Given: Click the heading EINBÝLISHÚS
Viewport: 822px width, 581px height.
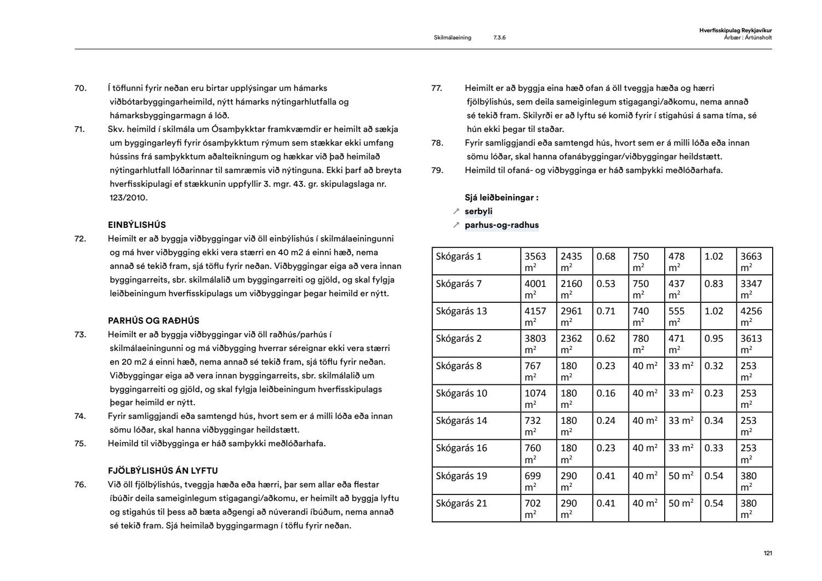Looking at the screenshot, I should (136, 225).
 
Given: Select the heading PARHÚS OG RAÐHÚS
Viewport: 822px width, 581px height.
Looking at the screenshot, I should (153, 320).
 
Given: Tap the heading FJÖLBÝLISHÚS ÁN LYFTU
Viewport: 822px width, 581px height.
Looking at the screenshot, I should (163, 470).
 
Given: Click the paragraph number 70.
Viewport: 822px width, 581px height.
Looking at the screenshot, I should (81, 88).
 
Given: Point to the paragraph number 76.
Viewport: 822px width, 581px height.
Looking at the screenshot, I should (81, 484).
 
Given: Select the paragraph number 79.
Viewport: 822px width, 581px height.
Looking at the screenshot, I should (437, 170).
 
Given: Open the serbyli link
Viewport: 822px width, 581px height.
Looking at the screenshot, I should (478, 211).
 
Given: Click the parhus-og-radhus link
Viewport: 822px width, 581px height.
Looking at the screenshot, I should (501, 225).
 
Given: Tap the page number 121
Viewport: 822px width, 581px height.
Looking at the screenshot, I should (767, 554).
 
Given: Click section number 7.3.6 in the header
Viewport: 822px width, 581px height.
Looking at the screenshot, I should (499, 38).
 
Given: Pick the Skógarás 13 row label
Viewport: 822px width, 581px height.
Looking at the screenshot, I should (461, 311).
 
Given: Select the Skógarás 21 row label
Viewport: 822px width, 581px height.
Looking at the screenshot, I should (461, 503).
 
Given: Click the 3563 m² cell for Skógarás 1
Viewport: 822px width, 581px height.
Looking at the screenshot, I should (535, 261).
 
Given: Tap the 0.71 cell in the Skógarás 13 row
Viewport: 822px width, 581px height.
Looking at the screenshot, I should (606, 311).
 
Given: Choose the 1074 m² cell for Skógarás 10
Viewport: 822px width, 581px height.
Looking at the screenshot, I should (535, 398).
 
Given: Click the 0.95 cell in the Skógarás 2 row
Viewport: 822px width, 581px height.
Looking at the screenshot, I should (713, 338).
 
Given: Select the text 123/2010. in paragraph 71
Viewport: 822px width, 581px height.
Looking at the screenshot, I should (128, 198).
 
